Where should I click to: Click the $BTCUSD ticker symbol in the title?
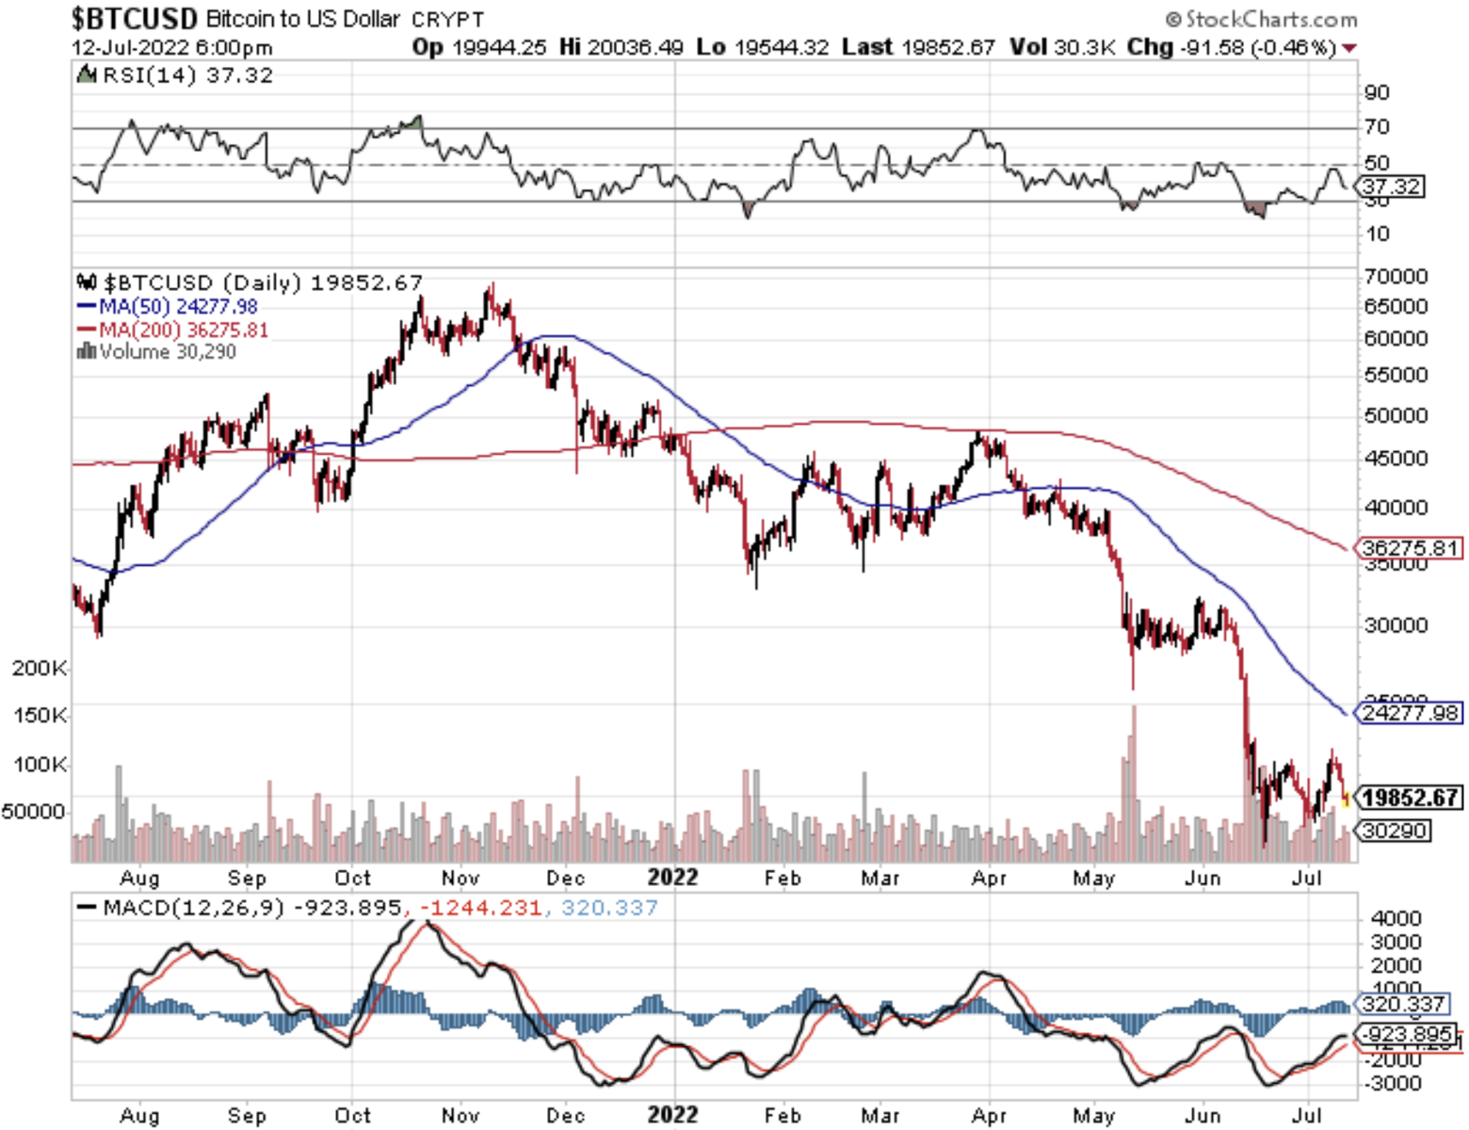pos(135,18)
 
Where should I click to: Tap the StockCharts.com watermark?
pos(1262,19)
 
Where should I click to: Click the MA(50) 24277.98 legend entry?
pos(168,307)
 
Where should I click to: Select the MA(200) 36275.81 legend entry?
pos(172,331)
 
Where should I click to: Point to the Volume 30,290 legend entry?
pos(157,352)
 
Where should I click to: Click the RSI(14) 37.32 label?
pos(176,75)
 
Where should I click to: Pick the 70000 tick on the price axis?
pos(1396,277)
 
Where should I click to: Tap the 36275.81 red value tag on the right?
pos(1410,548)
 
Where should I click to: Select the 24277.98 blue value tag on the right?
pos(1410,713)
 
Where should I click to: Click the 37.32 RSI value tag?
pos(1391,186)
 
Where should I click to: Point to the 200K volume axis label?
pos(40,669)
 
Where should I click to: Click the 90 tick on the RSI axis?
pos(1377,92)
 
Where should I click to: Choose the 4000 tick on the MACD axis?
pos(1396,918)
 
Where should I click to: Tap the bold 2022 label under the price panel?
pos(672,878)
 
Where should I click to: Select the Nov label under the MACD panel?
pos(460,1116)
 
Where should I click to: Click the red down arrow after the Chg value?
pos(1350,48)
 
